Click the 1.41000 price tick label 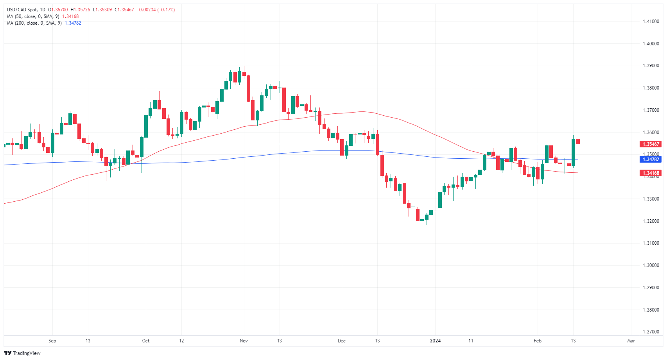651,21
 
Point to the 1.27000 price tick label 651,332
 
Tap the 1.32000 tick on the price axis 651,221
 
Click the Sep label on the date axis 52,341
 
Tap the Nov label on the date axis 244,341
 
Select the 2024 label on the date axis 435,341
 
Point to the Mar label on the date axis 631,341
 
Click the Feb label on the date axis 538,341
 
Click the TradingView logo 22,353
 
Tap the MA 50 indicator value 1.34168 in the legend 70,16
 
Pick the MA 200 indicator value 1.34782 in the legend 73,23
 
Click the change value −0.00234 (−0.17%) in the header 156,10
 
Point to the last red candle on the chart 578,141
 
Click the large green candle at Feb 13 573,152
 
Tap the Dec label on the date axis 341,341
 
